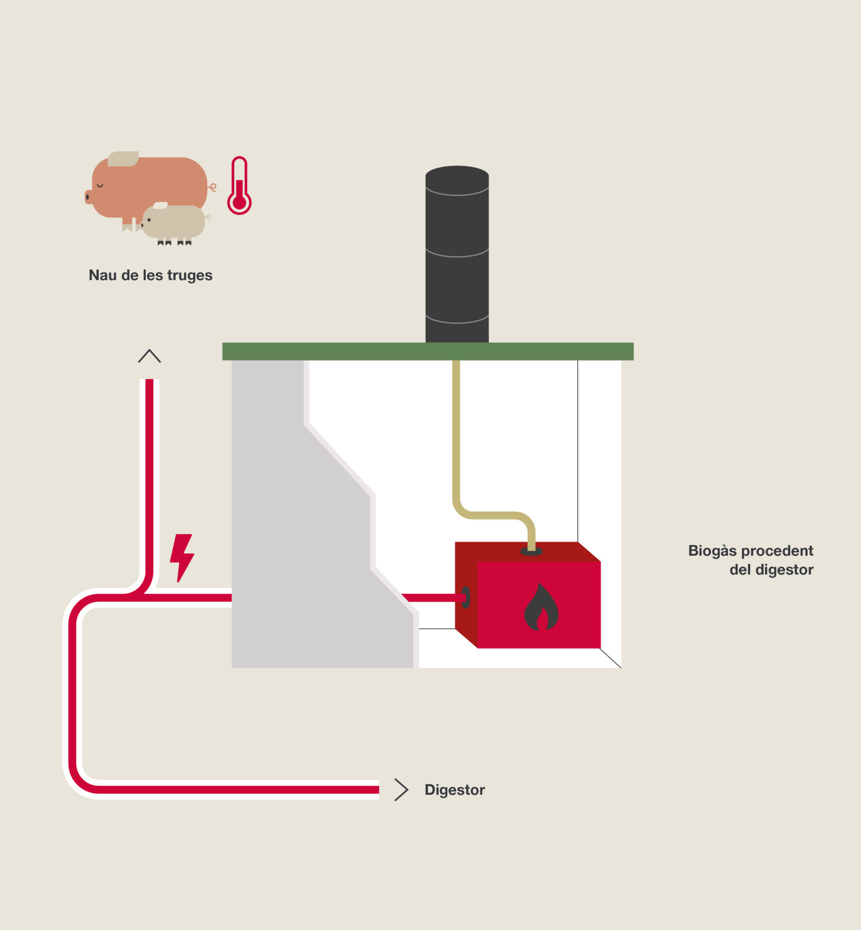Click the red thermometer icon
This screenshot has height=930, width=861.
click(239, 186)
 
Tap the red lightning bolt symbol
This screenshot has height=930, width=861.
click(182, 558)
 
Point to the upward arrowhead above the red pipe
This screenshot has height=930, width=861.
click(149, 356)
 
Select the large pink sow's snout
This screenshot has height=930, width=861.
click(88, 197)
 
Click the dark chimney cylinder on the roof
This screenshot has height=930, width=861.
click(457, 254)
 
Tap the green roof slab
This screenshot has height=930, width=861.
click(428, 351)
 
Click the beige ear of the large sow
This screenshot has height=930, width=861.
click(123, 159)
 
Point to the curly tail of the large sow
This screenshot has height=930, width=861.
click(212, 187)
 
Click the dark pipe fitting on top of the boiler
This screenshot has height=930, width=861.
click(531, 551)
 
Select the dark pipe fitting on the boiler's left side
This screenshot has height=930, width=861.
click(466, 597)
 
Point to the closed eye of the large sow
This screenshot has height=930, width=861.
click(100, 185)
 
